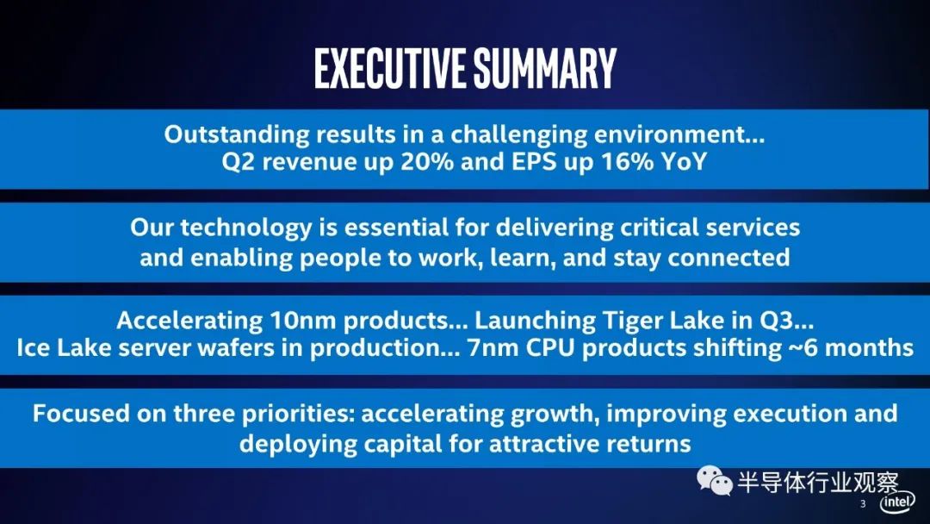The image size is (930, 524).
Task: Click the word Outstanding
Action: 237,134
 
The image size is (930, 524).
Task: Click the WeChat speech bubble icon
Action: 715,480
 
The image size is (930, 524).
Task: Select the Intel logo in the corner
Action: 897,502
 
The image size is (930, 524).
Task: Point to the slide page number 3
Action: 863,504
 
